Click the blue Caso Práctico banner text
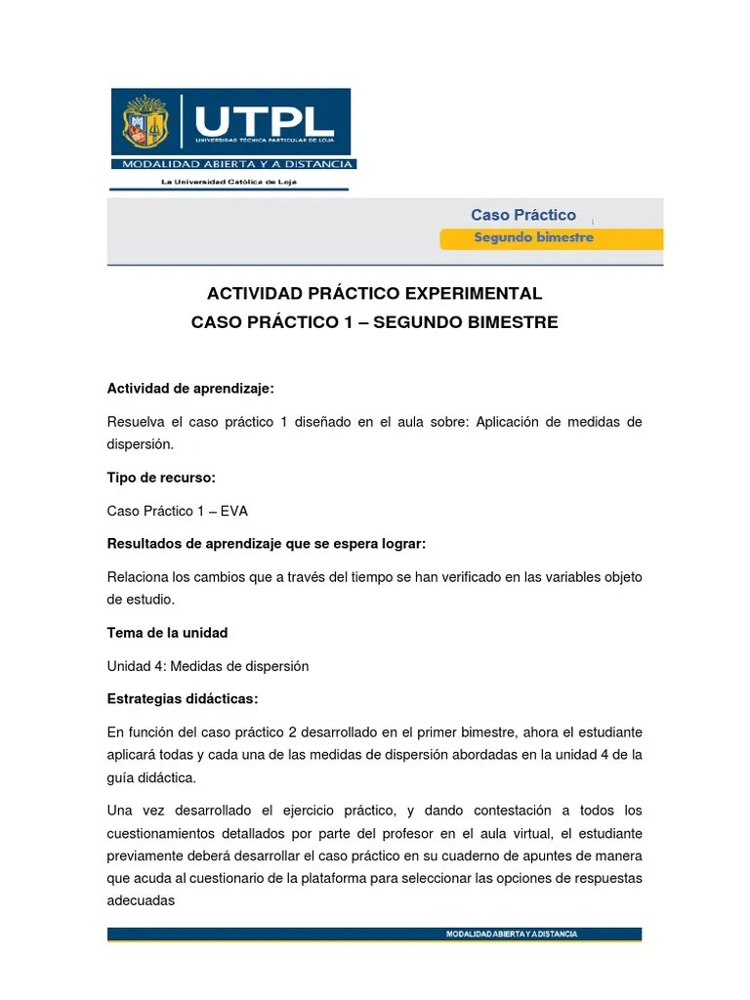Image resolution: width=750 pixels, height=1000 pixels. click(x=523, y=215)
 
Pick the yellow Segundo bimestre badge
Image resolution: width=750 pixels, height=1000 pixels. click(x=533, y=238)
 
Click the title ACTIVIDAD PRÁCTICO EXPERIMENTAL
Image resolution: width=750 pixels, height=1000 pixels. click(x=374, y=293)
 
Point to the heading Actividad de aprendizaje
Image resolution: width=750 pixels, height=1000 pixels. click(x=190, y=389)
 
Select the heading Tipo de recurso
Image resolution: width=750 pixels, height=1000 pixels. click(x=160, y=478)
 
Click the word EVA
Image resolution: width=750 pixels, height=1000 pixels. click(x=234, y=511)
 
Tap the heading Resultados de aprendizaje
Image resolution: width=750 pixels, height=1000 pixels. click(x=266, y=543)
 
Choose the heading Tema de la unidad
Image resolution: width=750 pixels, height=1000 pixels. click(x=167, y=633)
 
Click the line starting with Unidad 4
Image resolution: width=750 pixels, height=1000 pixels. click(x=207, y=666)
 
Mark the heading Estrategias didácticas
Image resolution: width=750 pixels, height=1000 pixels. click(x=183, y=699)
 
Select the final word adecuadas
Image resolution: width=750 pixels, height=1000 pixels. click(x=141, y=900)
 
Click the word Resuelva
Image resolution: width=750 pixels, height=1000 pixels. click(x=138, y=421)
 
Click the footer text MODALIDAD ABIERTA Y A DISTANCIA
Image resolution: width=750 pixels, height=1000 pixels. click(x=511, y=934)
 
